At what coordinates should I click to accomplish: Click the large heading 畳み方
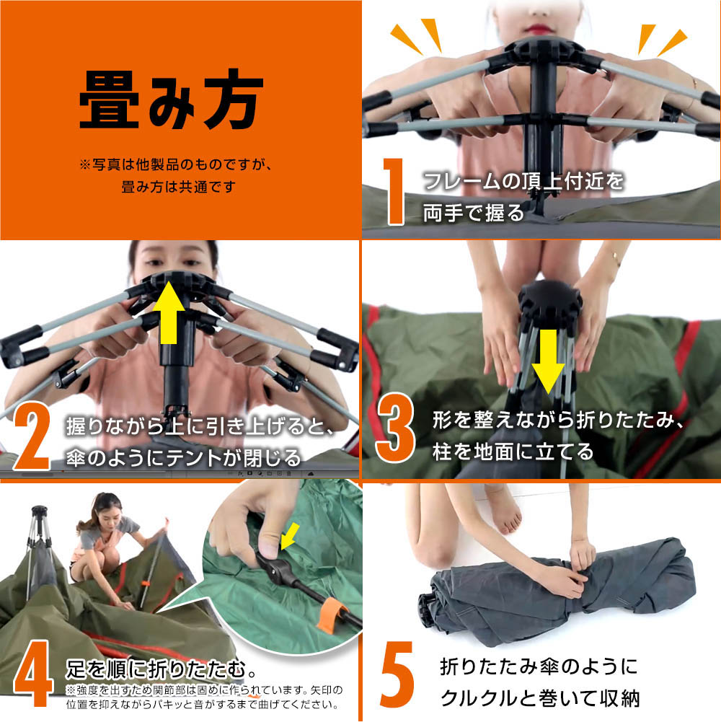[x=172, y=99]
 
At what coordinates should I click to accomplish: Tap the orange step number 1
[x=394, y=191]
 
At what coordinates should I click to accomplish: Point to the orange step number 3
[x=396, y=427]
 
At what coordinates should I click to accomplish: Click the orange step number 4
[x=32, y=673]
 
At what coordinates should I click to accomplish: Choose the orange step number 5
[x=397, y=674]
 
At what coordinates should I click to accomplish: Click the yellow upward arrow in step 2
[x=169, y=312]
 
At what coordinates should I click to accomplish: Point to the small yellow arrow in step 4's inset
[x=289, y=537]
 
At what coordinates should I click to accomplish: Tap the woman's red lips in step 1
[x=538, y=29]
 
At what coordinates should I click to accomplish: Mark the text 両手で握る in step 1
[x=473, y=213]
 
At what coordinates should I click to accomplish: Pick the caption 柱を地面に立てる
[x=513, y=452]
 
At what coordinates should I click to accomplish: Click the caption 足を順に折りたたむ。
[x=161, y=669]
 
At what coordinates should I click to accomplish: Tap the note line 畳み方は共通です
[x=179, y=187]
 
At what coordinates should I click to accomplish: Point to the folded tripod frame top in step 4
[x=39, y=511]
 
